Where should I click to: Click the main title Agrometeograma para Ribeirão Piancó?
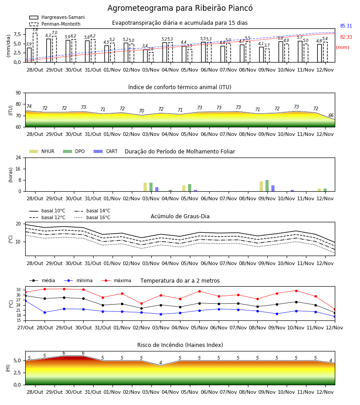click(180, 8)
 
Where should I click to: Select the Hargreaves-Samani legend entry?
click(57, 17)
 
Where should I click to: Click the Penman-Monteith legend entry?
click(55, 24)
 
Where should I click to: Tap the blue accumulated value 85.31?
click(346, 26)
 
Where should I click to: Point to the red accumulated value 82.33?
click(346, 37)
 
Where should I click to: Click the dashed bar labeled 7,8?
click(35, 48)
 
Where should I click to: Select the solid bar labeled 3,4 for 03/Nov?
click(145, 56)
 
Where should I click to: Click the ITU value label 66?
click(331, 116)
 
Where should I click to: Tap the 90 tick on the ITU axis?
click(18, 93)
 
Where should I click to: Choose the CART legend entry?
click(106, 151)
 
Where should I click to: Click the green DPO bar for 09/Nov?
click(267, 186)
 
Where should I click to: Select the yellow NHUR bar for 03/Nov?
click(145, 187)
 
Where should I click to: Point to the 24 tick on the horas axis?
click(18, 157)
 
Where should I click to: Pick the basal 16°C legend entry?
click(92, 217)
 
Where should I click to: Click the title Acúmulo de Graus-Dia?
click(180, 216)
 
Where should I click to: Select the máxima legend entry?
click(116, 280)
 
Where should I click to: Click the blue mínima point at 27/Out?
click(25, 301)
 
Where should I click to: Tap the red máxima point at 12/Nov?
click(335, 309)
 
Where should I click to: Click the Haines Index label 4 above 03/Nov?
click(161, 363)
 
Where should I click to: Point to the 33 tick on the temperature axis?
click(18, 290)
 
